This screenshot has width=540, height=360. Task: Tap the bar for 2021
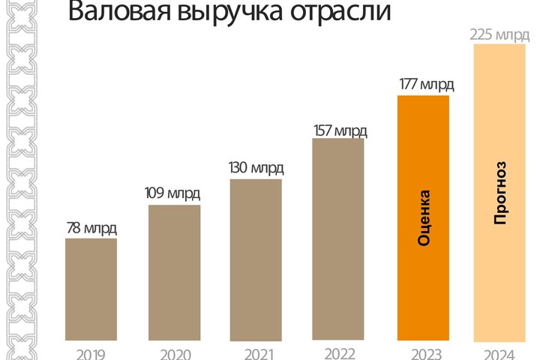(256, 259)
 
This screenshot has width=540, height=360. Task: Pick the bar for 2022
(337, 238)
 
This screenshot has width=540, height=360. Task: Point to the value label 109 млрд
(172, 193)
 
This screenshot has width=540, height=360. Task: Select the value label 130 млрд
(256, 167)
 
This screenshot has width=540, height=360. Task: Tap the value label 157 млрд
(340, 130)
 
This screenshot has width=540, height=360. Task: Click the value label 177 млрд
(425, 84)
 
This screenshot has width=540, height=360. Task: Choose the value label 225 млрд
(499, 34)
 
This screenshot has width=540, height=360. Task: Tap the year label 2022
(338, 353)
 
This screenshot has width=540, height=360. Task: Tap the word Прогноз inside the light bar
(500, 192)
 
